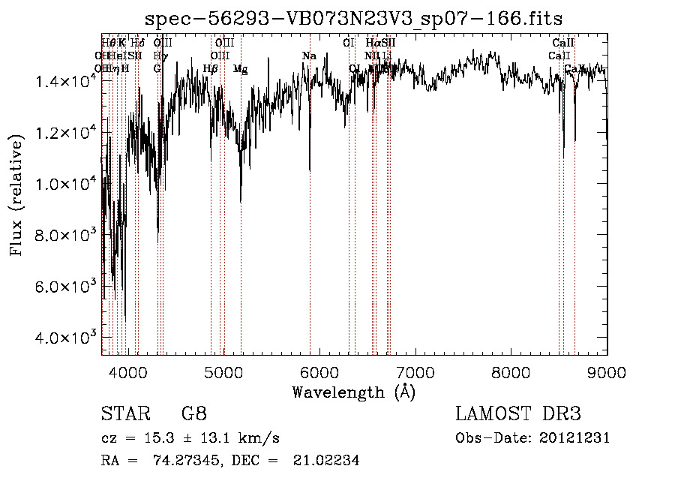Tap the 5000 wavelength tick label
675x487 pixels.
point(224,371)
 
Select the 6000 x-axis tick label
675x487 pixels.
point(320,371)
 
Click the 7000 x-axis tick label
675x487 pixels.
point(415,371)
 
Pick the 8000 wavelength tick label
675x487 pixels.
point(511,371)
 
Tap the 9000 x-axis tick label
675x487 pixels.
point(607,371)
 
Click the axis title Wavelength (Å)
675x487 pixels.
point(353,392)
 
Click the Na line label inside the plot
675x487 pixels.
point(309,56)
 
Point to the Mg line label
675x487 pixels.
point(240,69)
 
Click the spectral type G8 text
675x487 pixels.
point(193,414)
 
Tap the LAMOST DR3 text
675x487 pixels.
point(518,414)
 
